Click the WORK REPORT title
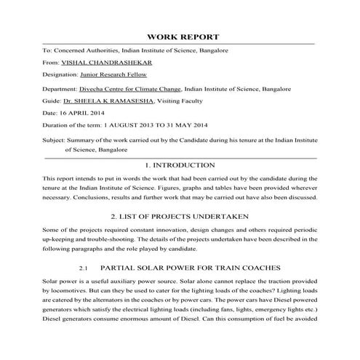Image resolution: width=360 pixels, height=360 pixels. point(183,36)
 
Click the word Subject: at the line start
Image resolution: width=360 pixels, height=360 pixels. point(54,139)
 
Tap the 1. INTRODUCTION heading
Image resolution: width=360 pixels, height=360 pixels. point(180,165)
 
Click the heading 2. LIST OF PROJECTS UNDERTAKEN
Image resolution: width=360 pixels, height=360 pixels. point(180,216)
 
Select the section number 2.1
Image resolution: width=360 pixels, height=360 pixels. point(84,268)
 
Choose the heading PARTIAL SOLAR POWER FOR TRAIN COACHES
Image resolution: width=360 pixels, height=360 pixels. point(191,268)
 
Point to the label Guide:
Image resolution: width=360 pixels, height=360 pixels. point(52,100)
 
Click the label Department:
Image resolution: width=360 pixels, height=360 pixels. point(60,87)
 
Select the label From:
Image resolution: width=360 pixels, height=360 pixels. point(52,63)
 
